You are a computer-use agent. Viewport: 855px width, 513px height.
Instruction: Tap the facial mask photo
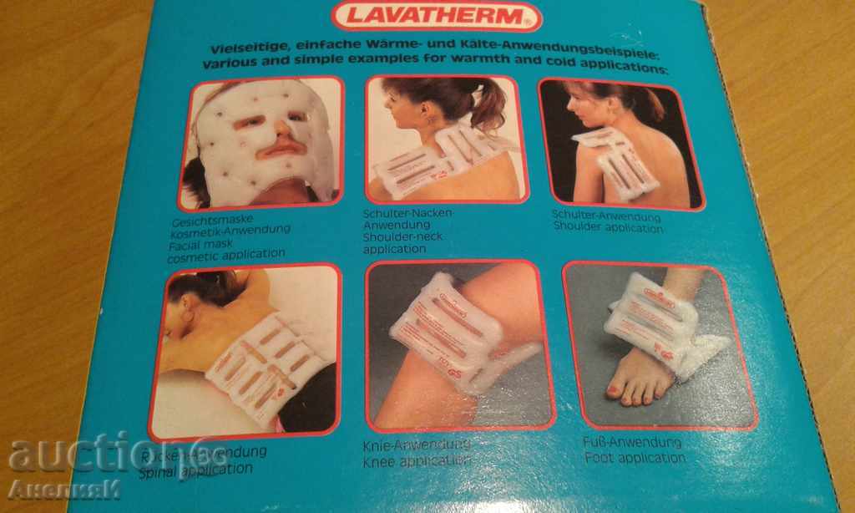pos(261,142)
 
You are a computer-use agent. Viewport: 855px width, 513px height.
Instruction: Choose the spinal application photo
pos(246,351)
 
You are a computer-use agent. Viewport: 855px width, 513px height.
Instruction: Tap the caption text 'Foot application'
pos(635,458)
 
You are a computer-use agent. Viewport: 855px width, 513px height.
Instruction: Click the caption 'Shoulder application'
pos(607,229)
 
